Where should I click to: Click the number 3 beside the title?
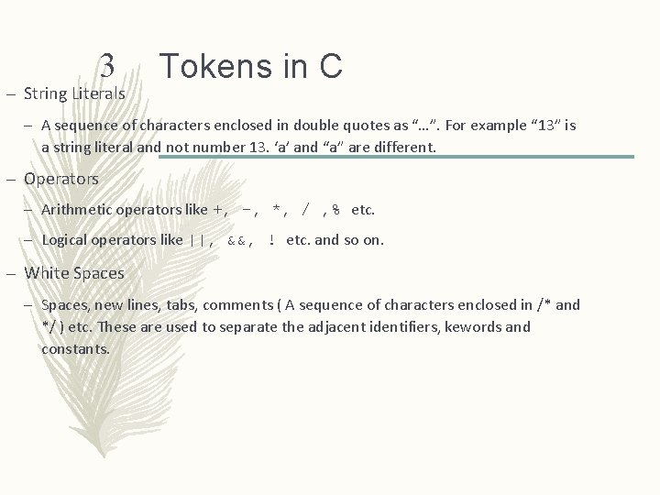[107, 64]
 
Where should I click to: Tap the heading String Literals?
[75, 93]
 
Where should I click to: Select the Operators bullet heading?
[61, 179]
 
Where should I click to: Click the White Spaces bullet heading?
[74, 272]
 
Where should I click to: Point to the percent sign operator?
[336, 210]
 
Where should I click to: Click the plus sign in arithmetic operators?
[217, 210]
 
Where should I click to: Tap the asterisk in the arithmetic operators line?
[277, 210]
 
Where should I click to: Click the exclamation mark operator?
[272, 240]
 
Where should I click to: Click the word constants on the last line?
[75, 348]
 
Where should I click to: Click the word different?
[403, 147]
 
